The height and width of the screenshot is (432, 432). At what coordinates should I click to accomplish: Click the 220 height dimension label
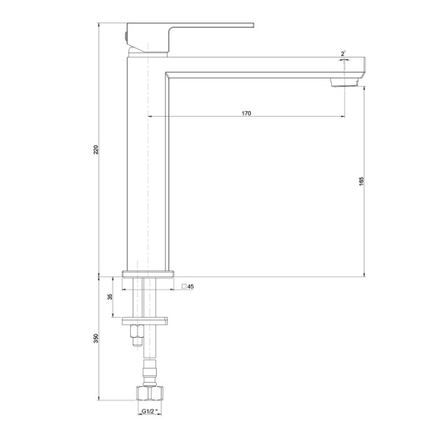[x=96, y=149]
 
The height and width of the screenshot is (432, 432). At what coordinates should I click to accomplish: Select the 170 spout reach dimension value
[x=246, y=113]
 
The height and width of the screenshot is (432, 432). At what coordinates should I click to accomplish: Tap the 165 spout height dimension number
[x=361, y=181]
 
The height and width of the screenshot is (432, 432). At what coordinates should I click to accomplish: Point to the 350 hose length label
[x=96, y=339]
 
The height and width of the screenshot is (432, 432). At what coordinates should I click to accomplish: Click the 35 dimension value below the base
[x=110, y=297]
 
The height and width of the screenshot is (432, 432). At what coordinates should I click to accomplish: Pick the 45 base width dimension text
[x=191, y=287]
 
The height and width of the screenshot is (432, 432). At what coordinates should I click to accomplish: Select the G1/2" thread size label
[x=149, y=411]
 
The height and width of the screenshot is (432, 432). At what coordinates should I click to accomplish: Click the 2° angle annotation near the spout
[x=343, y=53]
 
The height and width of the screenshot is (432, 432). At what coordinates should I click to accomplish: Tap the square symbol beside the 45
[x=183, y=286]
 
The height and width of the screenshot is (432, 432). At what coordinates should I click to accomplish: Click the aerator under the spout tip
[x=344, y=83]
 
